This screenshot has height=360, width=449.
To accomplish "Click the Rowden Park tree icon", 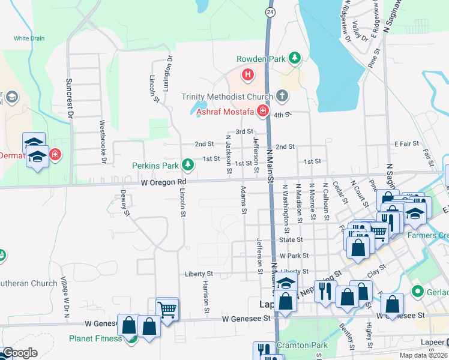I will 295,58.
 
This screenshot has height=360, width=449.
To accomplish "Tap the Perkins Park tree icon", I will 188,164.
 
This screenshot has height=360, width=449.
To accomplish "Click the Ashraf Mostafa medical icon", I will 262,110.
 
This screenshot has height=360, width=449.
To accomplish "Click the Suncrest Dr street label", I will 70,97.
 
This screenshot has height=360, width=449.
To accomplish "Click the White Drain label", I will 29,38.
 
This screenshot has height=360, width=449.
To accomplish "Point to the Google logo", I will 20,353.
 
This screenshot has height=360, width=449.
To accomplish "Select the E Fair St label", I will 406,144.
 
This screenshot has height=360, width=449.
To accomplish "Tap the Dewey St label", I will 124,203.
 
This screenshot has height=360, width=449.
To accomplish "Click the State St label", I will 291,239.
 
